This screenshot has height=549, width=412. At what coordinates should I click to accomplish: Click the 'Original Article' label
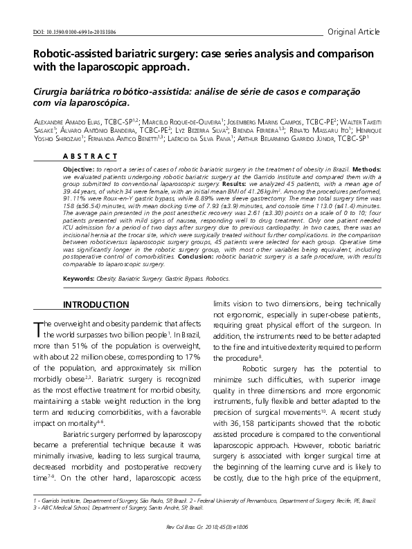354,31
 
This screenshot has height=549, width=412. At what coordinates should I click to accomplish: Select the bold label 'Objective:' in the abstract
78,169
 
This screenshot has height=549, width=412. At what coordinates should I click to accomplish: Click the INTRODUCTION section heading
96,305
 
